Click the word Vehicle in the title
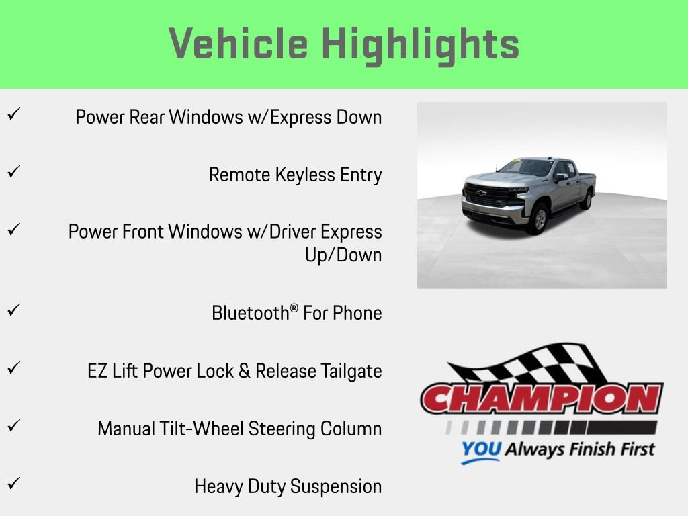(x=239, y=44)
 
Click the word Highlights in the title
(x=421, y=45)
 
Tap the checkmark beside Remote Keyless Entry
(x=12, y=171)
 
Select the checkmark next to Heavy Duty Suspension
(x=12, y=482)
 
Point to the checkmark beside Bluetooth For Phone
(x=12, y=310)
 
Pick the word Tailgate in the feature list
(x=350, y=371)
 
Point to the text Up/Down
(x=343, y=255)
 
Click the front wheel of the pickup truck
(x=538, y=218)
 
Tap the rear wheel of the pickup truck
(x=588, y=199)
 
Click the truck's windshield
(x=525, y=168)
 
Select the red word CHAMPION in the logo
(x=542, y=400)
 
